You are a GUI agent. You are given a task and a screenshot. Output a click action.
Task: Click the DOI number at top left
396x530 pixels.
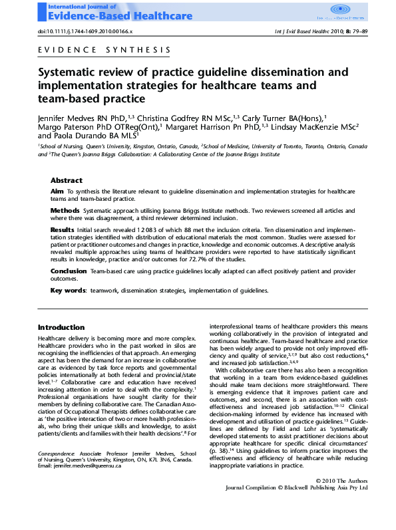click(x=85, y=31)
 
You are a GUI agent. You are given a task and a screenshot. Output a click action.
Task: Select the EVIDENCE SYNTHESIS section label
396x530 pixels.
click(x=104, y=50)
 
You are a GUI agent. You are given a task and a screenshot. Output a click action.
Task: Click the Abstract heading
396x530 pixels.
click(x=67, y=180)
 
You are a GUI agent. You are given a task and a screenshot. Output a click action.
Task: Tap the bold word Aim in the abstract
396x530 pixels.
click(x=57, y=191)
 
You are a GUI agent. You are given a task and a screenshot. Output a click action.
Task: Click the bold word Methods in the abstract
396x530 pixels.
click(x=65, y=210)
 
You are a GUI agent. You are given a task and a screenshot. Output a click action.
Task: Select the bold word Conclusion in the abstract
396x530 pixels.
click(x=69, y=271)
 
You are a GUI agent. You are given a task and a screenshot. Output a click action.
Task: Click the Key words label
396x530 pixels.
click(x=69, y=291)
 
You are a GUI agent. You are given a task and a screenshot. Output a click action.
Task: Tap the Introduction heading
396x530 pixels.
click(x=61, y=327)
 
